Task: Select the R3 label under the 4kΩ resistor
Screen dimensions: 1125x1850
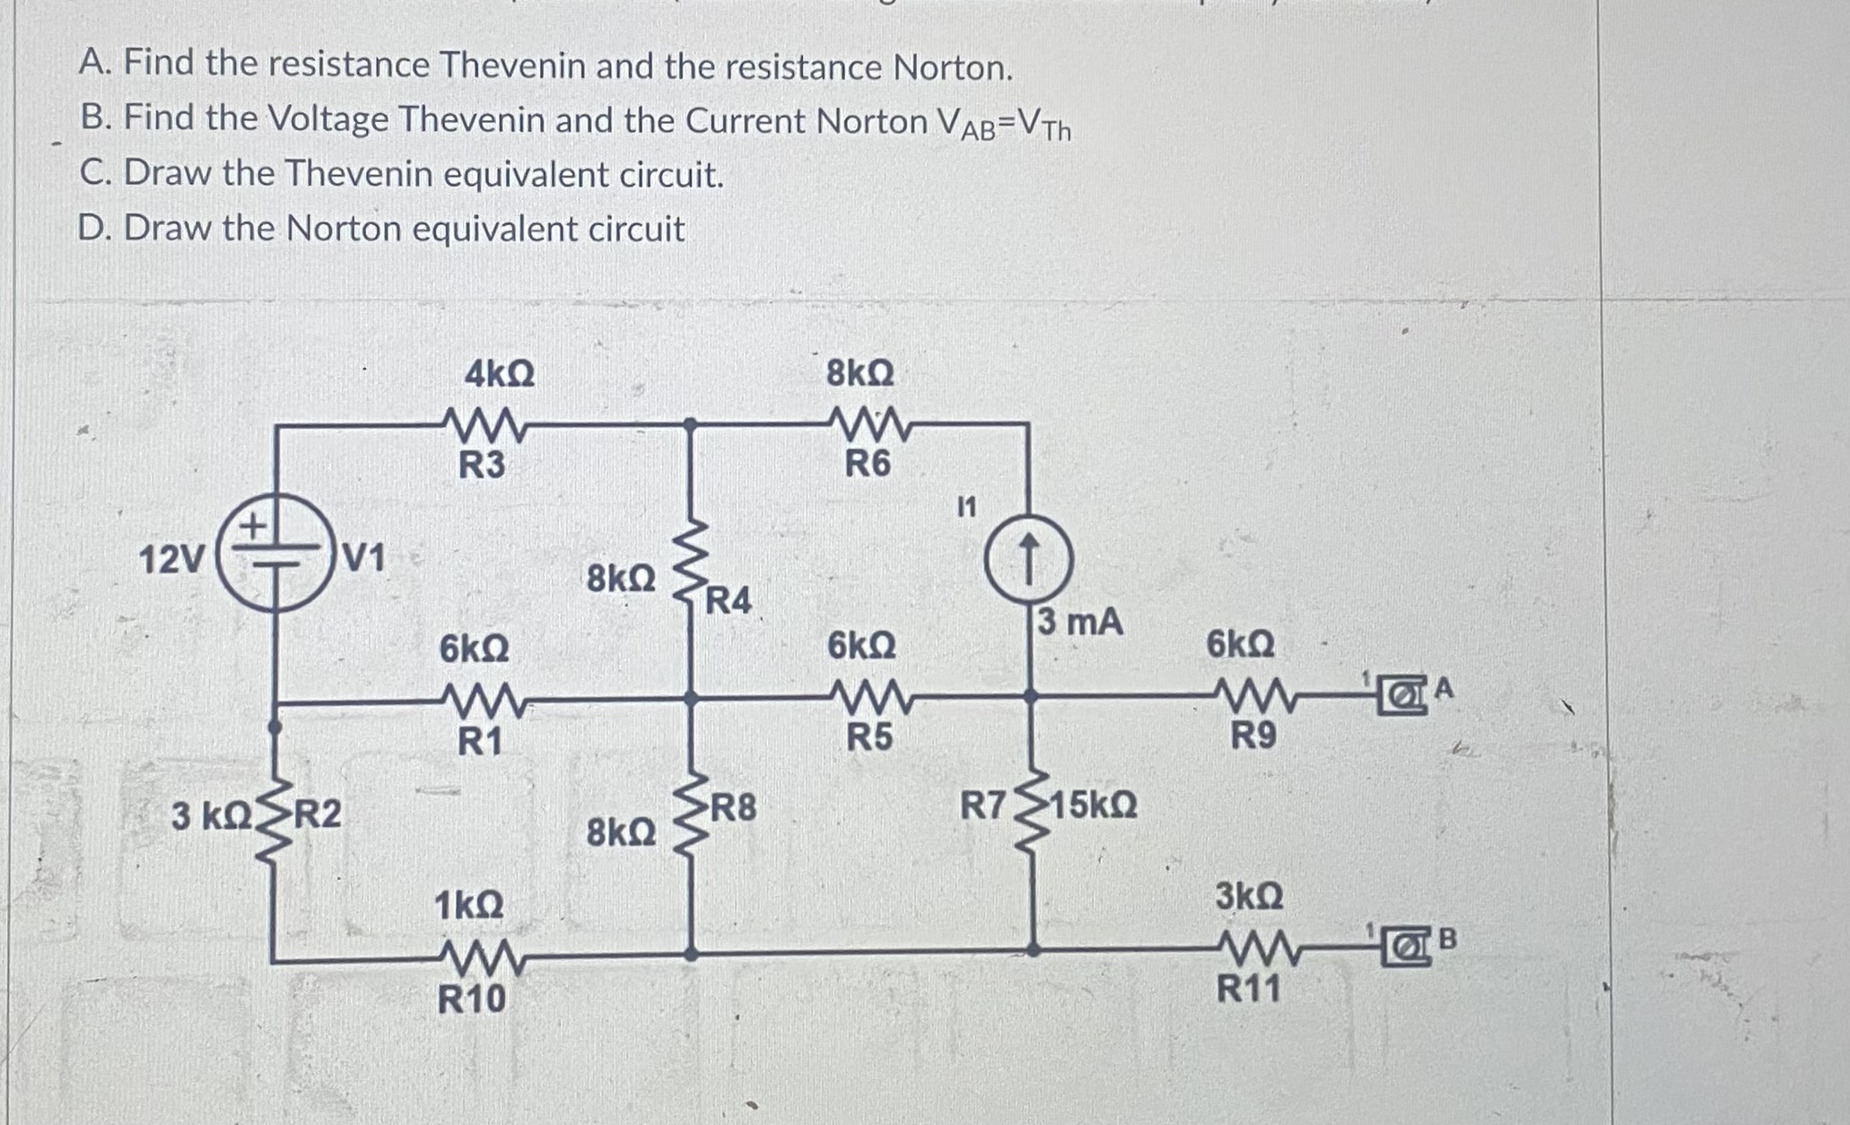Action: click(482, 466)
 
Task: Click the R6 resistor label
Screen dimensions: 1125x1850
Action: click(868, 464)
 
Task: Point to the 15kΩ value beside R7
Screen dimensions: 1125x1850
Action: click(1093, 805)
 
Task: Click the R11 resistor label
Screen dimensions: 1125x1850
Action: click(1249, 990)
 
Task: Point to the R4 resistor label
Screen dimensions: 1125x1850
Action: click(729, 600)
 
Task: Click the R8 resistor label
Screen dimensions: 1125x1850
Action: click(734, 808)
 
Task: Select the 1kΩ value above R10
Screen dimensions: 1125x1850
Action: click(468, 905)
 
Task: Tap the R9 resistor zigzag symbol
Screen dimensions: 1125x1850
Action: click(1252, 696)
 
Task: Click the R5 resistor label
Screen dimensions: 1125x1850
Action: click(870, 737)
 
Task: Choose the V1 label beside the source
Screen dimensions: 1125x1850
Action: click(364, 558)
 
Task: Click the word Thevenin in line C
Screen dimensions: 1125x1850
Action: click(359, 173)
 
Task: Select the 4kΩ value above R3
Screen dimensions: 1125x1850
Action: click(500, 373)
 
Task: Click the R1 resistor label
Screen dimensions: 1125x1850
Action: click(480, 742)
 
